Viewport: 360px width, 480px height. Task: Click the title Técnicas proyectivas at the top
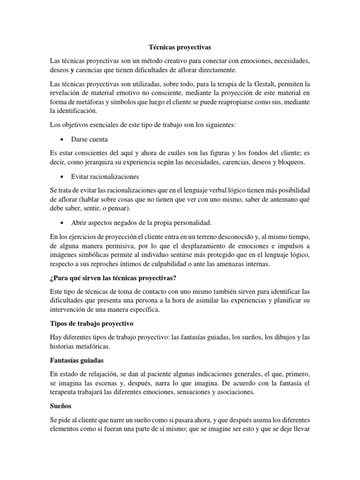tap(180, 47)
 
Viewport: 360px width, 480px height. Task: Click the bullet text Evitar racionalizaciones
tap(105, 176)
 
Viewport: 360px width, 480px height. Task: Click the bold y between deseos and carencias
tap(73, 70)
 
